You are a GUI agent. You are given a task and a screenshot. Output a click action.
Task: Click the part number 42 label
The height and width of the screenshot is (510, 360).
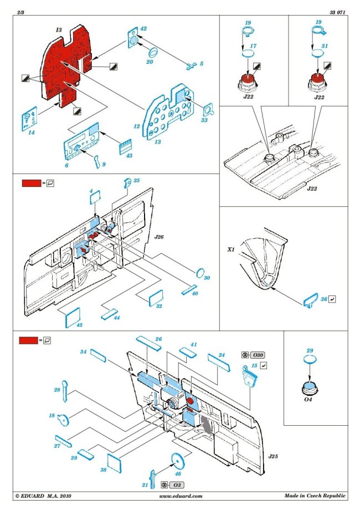[143, 28]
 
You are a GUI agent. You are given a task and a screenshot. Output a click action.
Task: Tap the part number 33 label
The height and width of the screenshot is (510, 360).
[204, 119]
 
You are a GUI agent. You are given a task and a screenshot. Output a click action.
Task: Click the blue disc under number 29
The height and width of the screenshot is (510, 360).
[310, 360]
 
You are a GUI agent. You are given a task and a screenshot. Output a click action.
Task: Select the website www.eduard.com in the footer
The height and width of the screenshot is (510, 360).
[183, 496]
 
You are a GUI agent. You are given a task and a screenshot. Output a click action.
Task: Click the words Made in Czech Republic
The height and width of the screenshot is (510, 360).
[316, 496]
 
